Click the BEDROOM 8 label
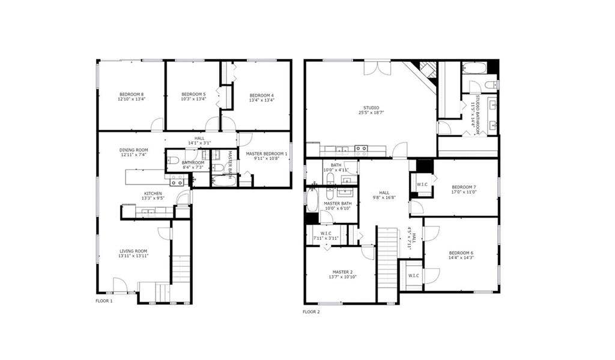[x=131, y=94]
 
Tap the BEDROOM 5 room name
[x=193, y=94]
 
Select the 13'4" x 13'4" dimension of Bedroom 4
[x=262, y=100]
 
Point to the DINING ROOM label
[x=133, y=150]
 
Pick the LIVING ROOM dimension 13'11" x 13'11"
[x=133, y=256]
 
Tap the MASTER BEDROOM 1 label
[x=267, y=154]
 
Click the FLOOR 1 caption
[x=104, y=301]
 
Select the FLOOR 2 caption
[x=311, y=312]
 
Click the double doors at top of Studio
[x=377, y=66]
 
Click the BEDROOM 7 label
[x=464, y=187]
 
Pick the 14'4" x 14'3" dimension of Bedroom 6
[x=460, y=258]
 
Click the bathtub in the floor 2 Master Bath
[x=312, y=200]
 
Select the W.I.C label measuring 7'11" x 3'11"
[x=326, y=233]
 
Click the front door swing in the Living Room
[x=120, y=285]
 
